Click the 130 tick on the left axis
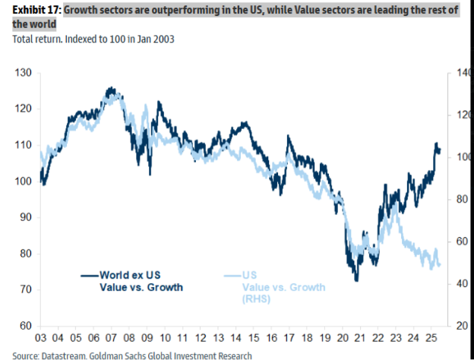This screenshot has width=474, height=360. [x=21, y=73]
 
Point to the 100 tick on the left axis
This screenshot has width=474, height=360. [x=21, y=182]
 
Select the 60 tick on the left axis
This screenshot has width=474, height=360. [x=21, y=326]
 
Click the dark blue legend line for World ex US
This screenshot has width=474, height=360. [x=90, y=275]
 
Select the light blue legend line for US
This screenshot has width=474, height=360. [x=233, y=275]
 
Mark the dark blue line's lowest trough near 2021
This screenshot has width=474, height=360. [x=356, y=281]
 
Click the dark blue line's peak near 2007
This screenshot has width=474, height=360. [x=110, y=88]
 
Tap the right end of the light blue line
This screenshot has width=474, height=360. [x=440, y=266]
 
